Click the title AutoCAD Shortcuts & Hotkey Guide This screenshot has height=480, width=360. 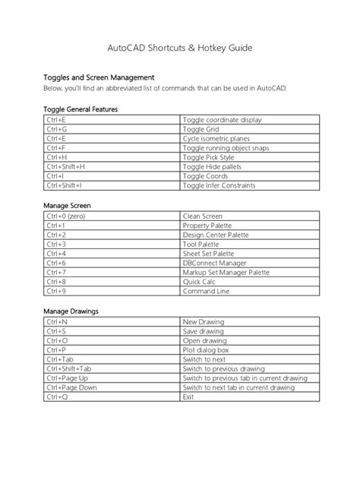[180, 48]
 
